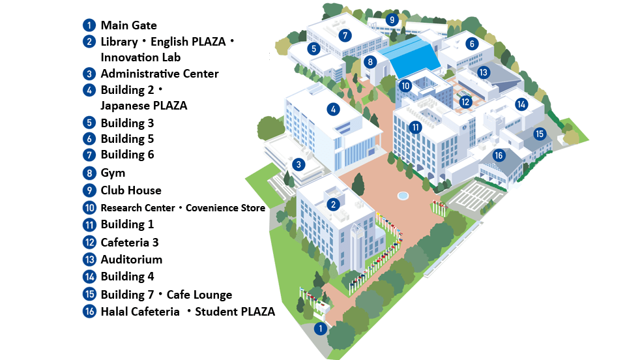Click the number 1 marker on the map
[x=320, y=329]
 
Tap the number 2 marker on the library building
[x=334, y=204]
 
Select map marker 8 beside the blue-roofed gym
[x=370, y=63]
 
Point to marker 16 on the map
[x=499, y=155]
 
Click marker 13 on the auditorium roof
[x=483, y=72]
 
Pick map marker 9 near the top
[x=392, y=20]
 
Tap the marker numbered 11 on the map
[x=415, y=127]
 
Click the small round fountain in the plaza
[x=403, y=195]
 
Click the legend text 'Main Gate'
[x=128, y=25]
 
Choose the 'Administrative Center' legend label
[x=159, y=74]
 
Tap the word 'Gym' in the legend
[x=113, y=173]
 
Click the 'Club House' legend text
[x=130, y=190]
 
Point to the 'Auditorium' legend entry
[x=131, y=259]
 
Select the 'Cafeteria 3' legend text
[x=130, y=242]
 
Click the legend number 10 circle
[x=90, y=208]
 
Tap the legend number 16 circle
[x=90, y=312]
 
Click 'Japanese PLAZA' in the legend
[x=143, y=106]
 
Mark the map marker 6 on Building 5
[x=472, y=44]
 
